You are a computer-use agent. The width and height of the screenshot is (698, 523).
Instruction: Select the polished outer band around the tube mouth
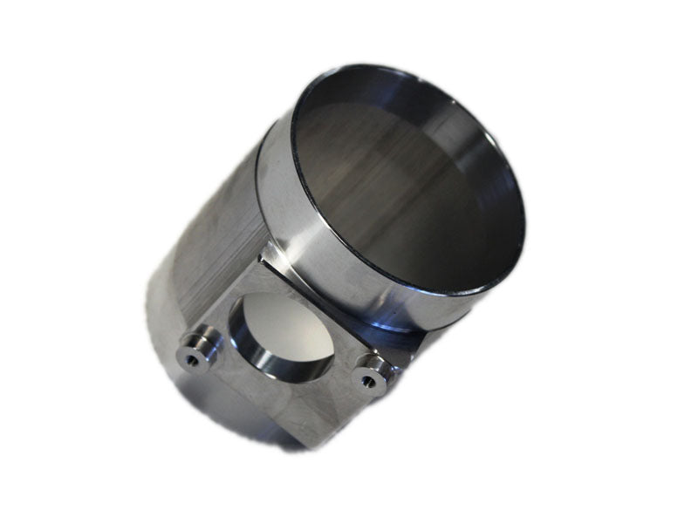(288, 218)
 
